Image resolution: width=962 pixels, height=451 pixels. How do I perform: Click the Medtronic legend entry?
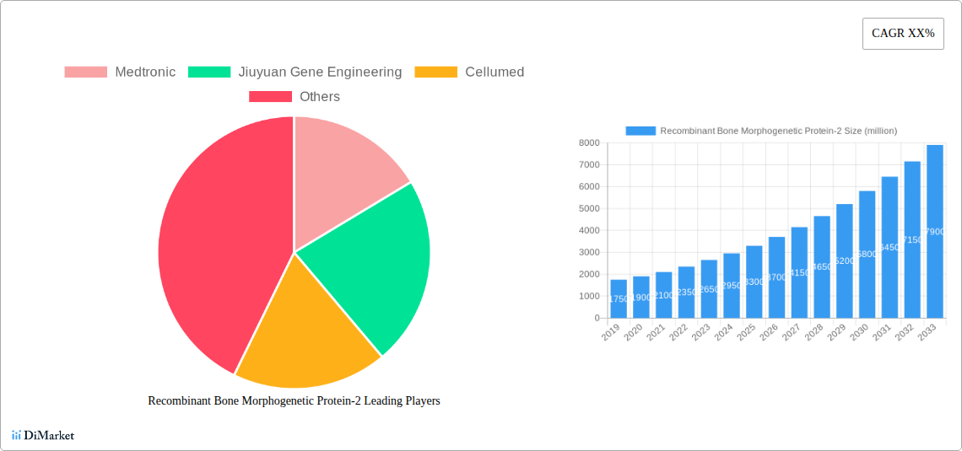tap(121, 72)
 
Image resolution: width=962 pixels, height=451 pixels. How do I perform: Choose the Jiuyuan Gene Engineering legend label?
tap(295, 72)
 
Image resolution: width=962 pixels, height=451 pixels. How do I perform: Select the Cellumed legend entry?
tap(469, 72)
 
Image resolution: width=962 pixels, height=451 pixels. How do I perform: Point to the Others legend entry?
tap(295, 97)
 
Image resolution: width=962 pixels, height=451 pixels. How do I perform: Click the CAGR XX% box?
tap(902, 34)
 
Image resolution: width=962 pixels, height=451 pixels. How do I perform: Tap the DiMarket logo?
tap(43, 435)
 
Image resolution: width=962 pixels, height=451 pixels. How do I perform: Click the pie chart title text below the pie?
tap(294, 401)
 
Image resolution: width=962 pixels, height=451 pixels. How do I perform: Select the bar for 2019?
tap(619, 298)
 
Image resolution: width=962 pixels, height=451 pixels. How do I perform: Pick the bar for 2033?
tap(935, 231)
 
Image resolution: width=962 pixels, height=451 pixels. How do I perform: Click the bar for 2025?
tap(754, 282)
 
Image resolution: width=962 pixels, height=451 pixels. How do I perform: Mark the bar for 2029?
tap(844, 260)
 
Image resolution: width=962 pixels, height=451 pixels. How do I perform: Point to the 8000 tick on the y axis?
tap(588, 143)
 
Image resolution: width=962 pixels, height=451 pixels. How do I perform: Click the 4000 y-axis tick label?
tap(588, 231)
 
